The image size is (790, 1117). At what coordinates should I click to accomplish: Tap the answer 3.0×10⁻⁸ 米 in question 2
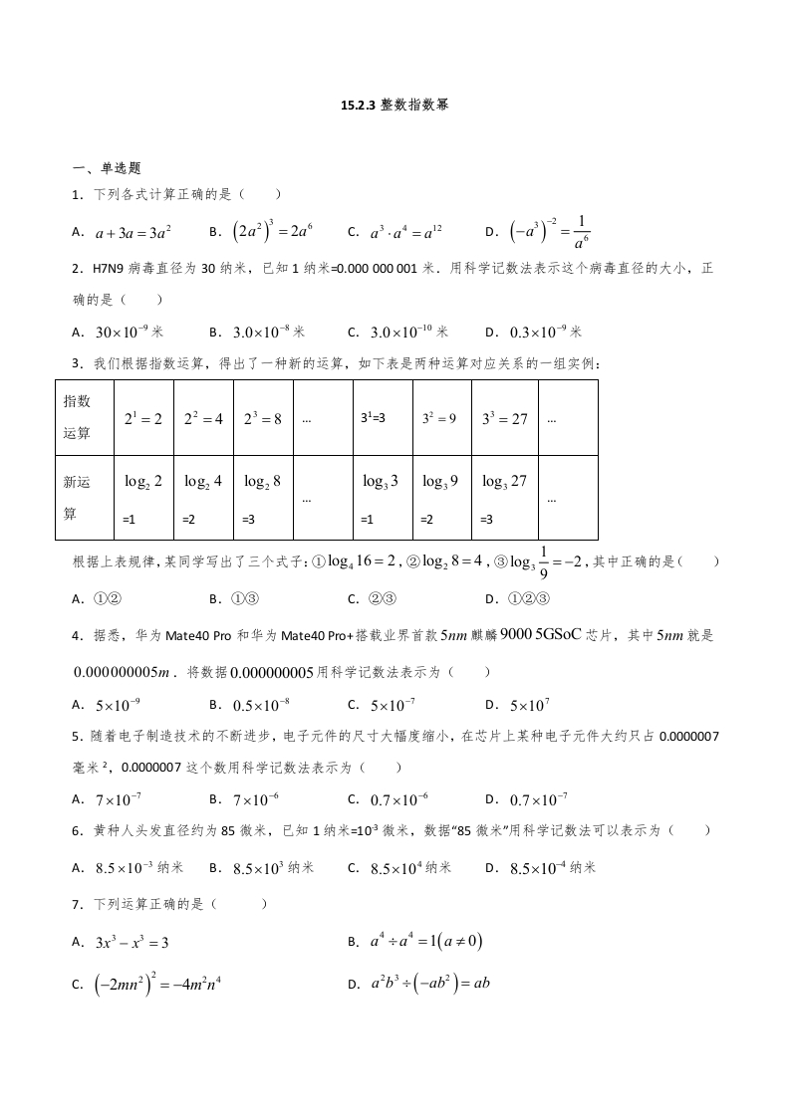coord(268,333)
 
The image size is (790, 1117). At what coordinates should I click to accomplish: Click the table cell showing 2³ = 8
coord(263,419)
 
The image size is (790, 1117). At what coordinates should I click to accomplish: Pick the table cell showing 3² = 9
coord(439,419)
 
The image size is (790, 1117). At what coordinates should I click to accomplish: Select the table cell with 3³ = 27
coord(504,419)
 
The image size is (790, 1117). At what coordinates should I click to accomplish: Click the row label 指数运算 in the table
coord(77,417)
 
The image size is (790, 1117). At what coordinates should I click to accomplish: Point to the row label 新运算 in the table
coord(77,497)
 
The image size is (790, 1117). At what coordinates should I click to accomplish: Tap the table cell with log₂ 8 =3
coord(263,497)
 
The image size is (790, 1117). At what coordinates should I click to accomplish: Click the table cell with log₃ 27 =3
coord(504,497)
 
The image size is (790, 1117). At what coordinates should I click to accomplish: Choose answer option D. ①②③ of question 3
coord(527,598)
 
